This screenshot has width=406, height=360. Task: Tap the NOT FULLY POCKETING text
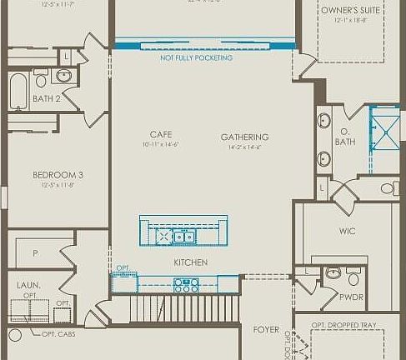(197, 57)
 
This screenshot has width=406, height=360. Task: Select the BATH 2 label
(46, 99)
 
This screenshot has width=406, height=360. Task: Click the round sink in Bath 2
(63, 77)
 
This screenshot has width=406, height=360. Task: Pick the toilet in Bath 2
(39, 79)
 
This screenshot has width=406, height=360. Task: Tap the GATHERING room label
(244, 137)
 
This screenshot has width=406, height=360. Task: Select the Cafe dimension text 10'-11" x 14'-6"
(161, 145)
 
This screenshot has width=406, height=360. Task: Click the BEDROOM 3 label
(58, 175)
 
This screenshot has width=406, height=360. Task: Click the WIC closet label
(348, 231)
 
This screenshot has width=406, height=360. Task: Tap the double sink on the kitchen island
(183, 237)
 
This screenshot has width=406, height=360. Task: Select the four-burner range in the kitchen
(186, 284)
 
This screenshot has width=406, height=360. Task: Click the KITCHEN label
(190, 262)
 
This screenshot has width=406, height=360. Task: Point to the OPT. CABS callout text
(59, 335)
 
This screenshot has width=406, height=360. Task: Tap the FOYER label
(266, 330)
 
